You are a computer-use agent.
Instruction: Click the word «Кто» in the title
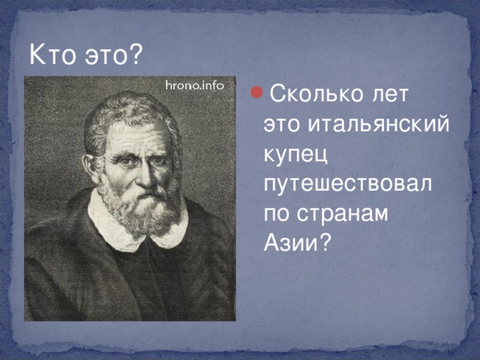click(x=52, y=54)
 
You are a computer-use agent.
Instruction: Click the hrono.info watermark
click(x=195, y=85)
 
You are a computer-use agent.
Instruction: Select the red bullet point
click(x=256, y=92)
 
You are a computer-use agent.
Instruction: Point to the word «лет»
click(x=390, y=94)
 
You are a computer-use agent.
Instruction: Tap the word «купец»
click(x=295, y=154)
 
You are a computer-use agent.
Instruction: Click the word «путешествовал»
click(x=348, y=184)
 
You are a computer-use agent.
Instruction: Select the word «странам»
click(x=342, y=214)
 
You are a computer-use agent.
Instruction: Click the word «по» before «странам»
click(x=277, y=214)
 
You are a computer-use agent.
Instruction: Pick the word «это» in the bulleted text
click(x=282, y=124)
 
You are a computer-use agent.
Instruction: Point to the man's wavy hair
click(x=128, y=113)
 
